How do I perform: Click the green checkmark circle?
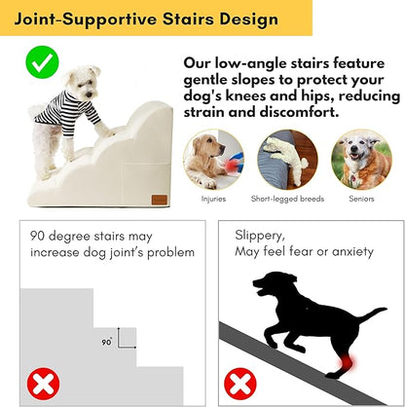pos(39,64)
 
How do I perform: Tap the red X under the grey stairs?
pos(41,383)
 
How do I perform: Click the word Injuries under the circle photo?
pos(213,199)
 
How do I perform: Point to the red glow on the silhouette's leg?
pos(338,366)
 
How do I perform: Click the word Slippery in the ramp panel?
pos(260,235)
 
